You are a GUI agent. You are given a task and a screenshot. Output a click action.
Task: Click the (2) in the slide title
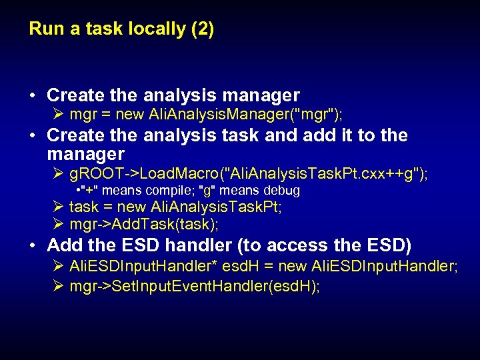click(x=201, y=29)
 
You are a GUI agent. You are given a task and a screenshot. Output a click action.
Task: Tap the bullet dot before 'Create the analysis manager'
click(x=33, y=95)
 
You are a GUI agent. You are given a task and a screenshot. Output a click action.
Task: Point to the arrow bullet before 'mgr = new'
click(x=58, y=114)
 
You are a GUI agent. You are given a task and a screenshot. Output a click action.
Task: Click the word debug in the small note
click(x=282, y=191)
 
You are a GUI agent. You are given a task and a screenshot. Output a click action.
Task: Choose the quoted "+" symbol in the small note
click(x=89, y=191)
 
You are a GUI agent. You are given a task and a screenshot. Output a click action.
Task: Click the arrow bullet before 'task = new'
click(x=58, y=207)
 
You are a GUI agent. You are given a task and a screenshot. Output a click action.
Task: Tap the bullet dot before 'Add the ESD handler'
click(x=33, y=245)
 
